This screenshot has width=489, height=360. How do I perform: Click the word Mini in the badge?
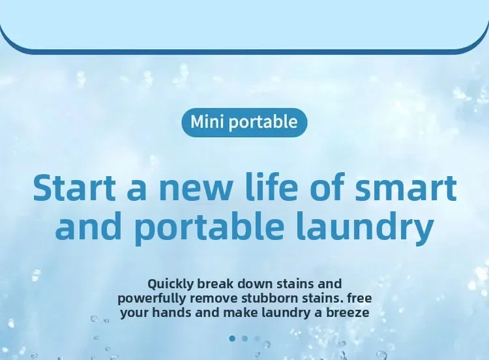[x=207, y=121]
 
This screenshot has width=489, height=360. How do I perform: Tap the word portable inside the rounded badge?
[x=263, y=123]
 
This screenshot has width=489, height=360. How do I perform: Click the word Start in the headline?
[x=74, y=188]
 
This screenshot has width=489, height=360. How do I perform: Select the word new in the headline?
[x=196, y=191]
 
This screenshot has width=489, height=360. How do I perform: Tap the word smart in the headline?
[x=406, y=188]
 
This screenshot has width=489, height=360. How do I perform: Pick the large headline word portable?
[x=209, y=226]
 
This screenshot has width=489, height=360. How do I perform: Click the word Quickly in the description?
[x=171, y=284]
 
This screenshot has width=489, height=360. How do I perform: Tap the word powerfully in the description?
[x=152, y=299]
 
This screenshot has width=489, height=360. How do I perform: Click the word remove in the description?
[x=214, y=299]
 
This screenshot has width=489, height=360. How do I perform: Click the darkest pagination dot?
[x=232, y=338]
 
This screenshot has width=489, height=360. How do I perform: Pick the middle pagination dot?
[x=244, y=338]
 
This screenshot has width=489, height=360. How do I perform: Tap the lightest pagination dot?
[x=257, y=338]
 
